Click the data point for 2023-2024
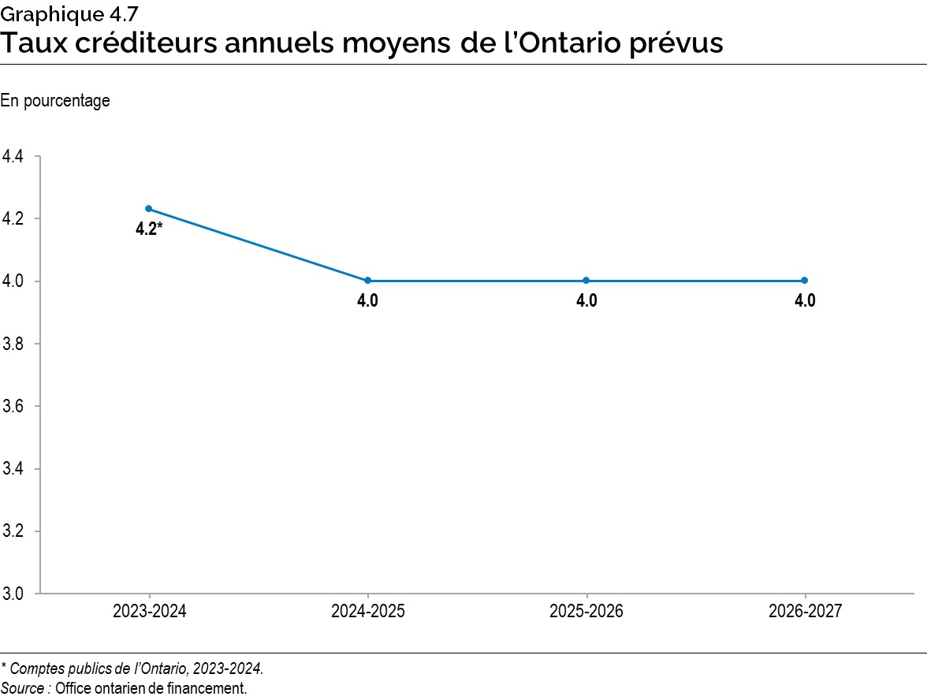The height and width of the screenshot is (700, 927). [x=149, y=209]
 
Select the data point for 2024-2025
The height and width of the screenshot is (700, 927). [x=367, y=281]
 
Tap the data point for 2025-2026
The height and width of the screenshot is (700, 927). [x=586, y=281]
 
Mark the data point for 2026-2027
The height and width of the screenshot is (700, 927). [x=805, y=281]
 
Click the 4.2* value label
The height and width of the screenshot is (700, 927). [x=149, y=231]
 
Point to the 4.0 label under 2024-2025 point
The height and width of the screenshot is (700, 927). [x=367, y=301]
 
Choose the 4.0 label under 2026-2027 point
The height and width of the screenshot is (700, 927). [x=805, y=301]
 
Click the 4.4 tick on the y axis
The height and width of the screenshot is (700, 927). [x=13, y=157]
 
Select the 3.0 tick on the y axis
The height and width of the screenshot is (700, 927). [x=13, y=594]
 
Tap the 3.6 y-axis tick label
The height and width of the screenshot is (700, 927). [x=13, y=407]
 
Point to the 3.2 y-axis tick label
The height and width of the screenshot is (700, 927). [x=13, y=531]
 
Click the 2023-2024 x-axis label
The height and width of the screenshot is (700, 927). [x=149, y=612]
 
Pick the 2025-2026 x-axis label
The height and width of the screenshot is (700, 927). [x=586, y=612]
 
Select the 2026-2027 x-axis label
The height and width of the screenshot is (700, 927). [x=805, y=612]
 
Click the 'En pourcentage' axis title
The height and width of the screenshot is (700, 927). [x=55, y=101]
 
